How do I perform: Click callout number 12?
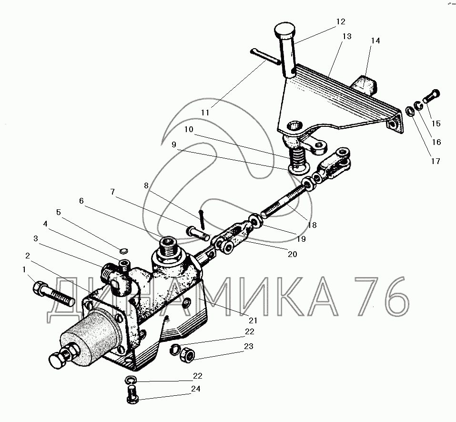(x=341, y=21)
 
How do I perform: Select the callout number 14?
(x=375, y=41)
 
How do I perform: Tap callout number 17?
(x=436, y=161)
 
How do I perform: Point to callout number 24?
(x=196, y=389)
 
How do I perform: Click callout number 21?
(x=253, y=320)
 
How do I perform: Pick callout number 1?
(x=24, y=269)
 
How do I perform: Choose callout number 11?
(x=205, y=113)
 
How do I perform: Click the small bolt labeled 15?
(x=432, y=96)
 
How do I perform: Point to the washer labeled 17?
(x=410, y=111)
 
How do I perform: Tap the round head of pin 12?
(x=285, y=28)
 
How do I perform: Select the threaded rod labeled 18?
(x=284, y=202)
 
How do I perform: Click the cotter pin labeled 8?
(x=202, y=219)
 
